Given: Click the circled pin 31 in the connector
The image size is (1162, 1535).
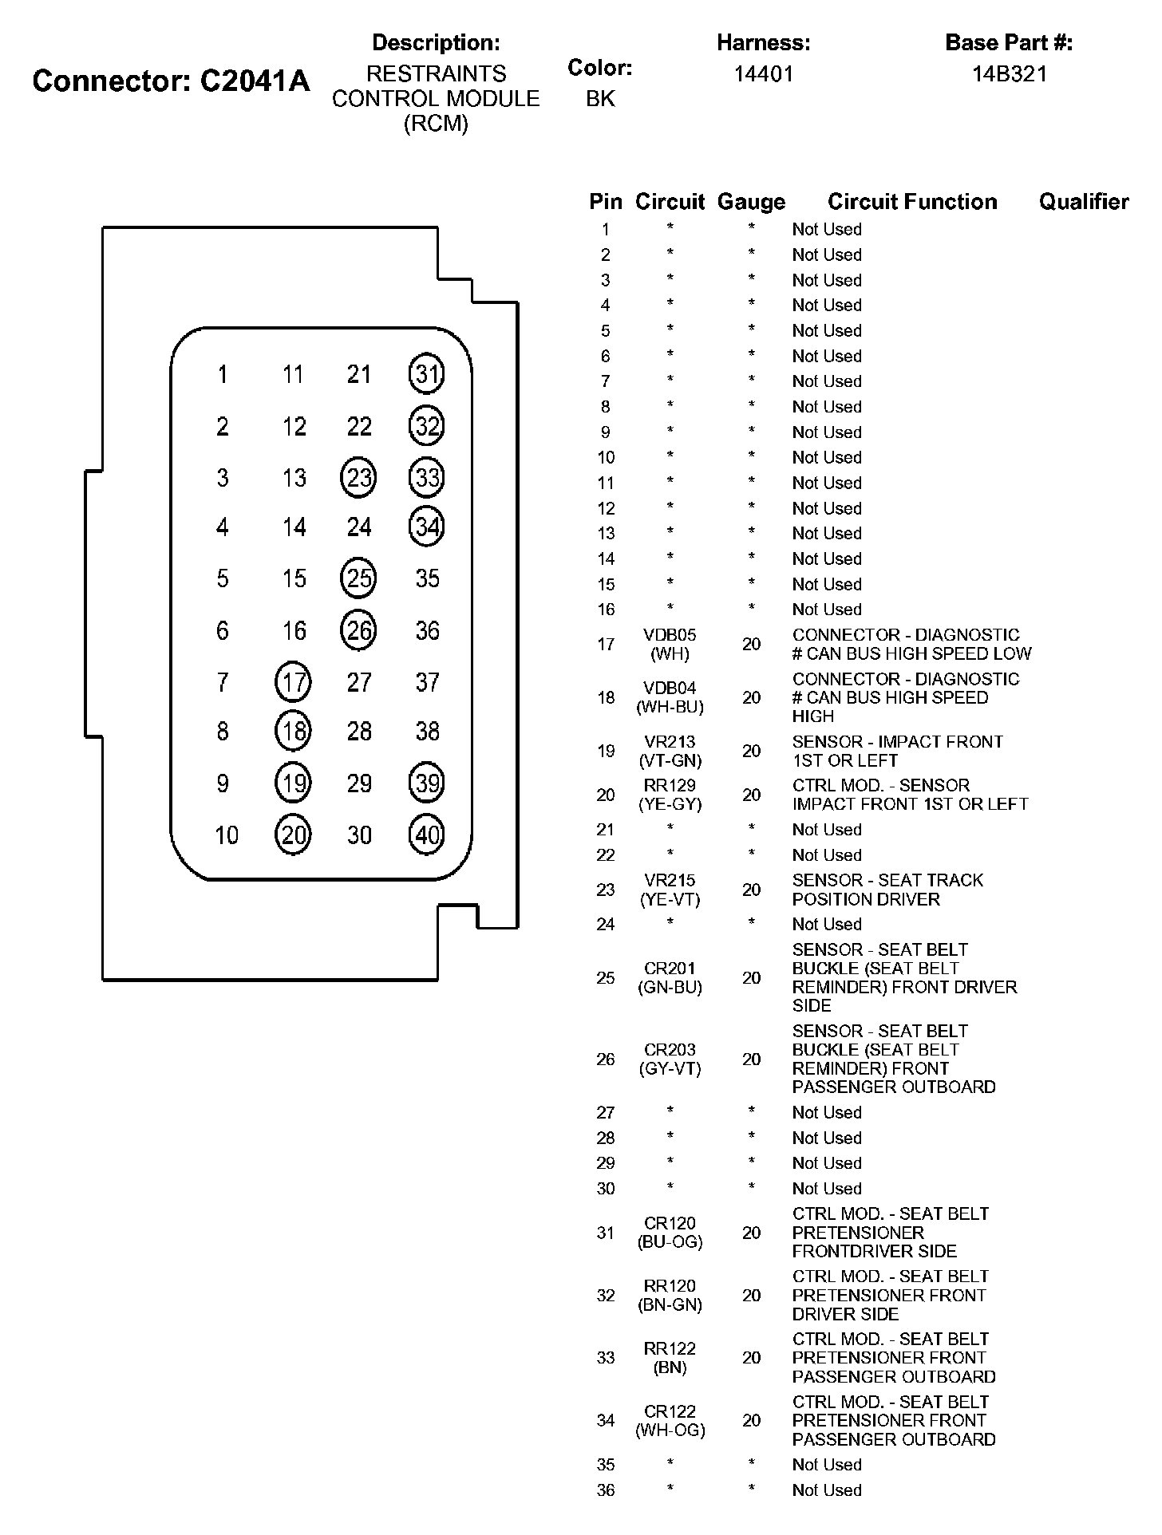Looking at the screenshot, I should pyautogui.click(x=426, y=373).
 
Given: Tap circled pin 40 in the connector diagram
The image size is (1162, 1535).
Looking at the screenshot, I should pyautogui.click(x=426, y=835).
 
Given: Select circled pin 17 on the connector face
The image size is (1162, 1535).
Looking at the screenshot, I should pyautogui.click(x=293, y=682).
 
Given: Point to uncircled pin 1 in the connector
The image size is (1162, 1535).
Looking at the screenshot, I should pyautogui.click(x=223, y=373).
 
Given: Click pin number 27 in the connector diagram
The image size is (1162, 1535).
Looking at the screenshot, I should pyautogui.click(x=359, y=682).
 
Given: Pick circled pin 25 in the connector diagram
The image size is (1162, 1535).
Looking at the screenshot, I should pyautogui.click(x=358, y=578).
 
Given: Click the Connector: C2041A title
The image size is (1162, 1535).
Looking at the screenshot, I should pyautogui.click(x=171, y=81).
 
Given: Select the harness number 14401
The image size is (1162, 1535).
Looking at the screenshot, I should pyautogui.click(x=764, y=74).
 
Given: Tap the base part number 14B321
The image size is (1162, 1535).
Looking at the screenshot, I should pyautogui.click(x=1009, y=74).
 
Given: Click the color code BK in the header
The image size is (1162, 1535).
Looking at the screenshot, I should pyautogui.click(x=600, y=98).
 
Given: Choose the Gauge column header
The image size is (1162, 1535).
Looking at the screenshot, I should pyautogui.click(x=751, y=202).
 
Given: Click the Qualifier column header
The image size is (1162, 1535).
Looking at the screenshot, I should pyautogui.click(x=1084, y=202).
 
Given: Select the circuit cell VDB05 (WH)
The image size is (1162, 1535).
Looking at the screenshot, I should pyautogui.click(x=670, y=644).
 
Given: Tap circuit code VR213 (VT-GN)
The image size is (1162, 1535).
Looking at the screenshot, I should pyautogui.click(x=670, y=751).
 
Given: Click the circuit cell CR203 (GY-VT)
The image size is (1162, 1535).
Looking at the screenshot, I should pyautogui.click(x=670, y=1059).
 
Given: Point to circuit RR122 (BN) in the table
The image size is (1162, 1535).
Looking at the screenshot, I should pyautogui.click(x=670, y=1357).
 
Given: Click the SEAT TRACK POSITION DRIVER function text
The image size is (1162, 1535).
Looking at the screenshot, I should pyautogui.click(x=887, y=890).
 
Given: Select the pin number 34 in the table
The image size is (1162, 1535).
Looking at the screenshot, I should pyautogui.click(x=606, y=1420).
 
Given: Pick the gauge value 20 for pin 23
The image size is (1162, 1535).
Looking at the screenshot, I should pyautogui.click(x=751, y=890).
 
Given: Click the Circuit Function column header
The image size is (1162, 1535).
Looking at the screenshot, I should pyautogui.click(x=912, y=202).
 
